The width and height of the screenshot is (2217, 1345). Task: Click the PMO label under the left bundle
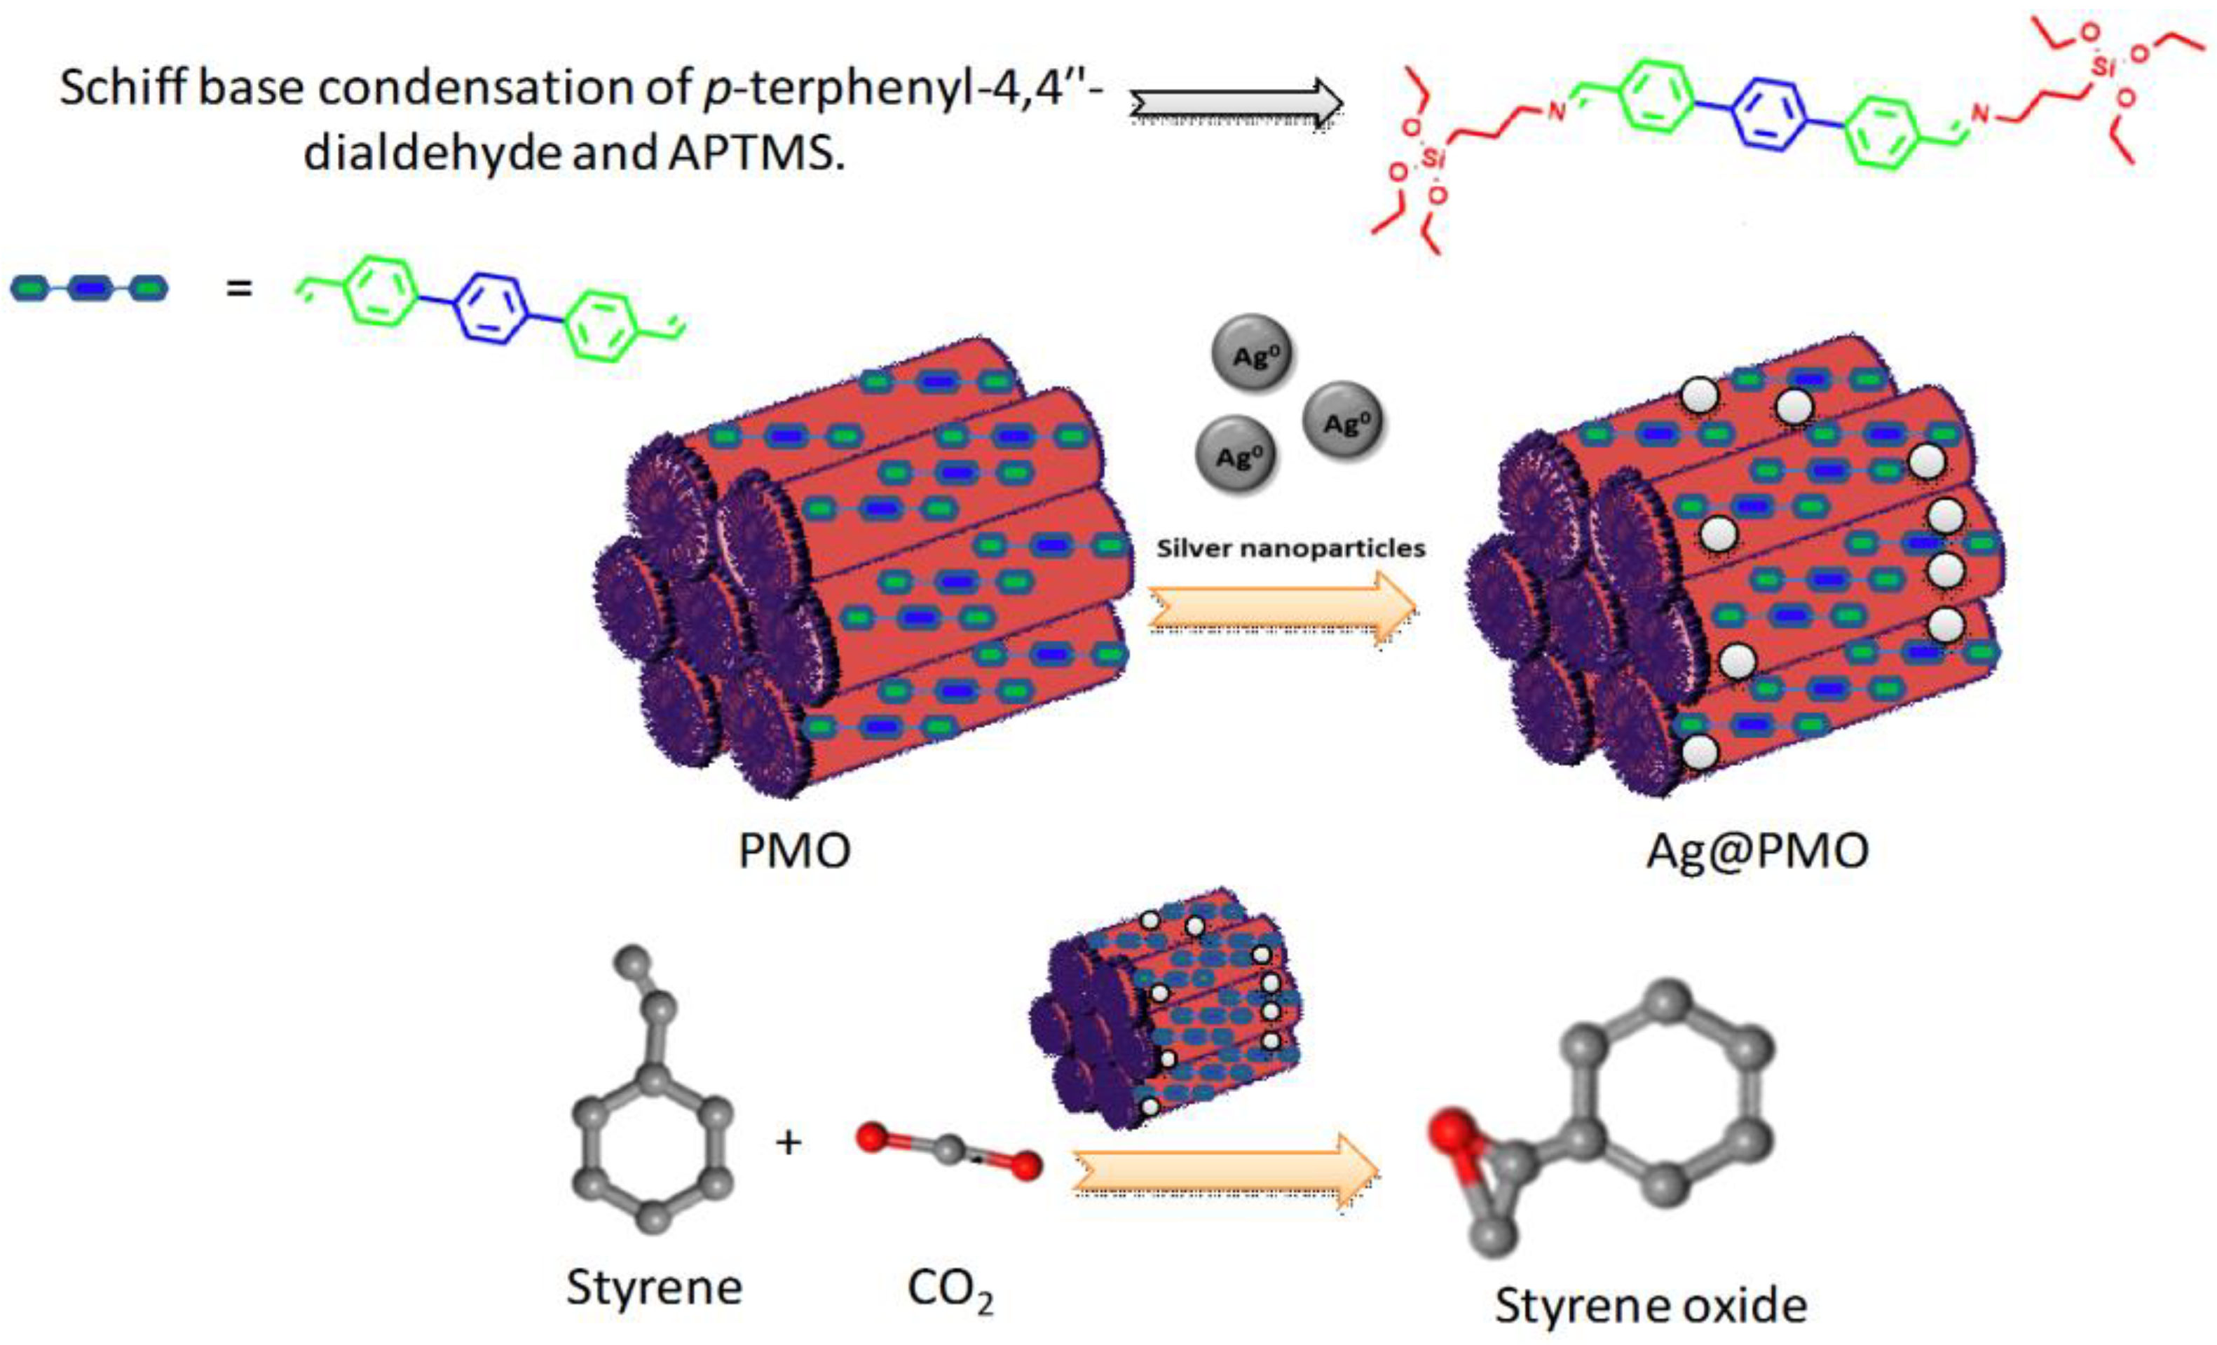tap(793, 849)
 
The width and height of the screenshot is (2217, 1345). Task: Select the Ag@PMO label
tap(1757, 849)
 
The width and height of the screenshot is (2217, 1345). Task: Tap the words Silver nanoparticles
tap(1290, 548)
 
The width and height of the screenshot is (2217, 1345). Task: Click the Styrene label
tap(654, 1288)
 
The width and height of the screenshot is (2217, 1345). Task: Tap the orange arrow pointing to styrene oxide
tap(1225, 1170)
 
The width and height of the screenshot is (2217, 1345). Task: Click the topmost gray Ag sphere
tap(1253, 353)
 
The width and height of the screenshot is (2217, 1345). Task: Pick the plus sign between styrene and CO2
tap(789, 1142)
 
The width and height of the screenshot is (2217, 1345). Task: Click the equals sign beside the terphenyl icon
tap(238, 289)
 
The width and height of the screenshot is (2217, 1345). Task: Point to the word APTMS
tap(756, 153)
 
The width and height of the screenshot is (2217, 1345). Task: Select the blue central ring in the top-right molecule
tap(1770, 114)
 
